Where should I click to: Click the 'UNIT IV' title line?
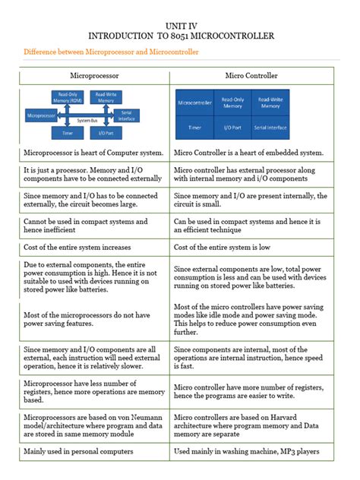pyautogui.click(x=180, y=24)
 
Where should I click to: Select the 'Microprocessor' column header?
pyautogui.click(x=94, y=76)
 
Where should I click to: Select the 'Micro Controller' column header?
pyautogui.click(x=251, y=76)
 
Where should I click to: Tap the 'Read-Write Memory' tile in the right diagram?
pyautogui.click(x=271, y=103)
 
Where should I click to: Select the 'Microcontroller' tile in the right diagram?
pyautogui.click(x=194, y=103)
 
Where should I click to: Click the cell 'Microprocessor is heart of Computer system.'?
pyautogui.click(x=93, y=153)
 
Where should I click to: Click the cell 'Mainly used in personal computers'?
pyautogui.click(x=79, y=451)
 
